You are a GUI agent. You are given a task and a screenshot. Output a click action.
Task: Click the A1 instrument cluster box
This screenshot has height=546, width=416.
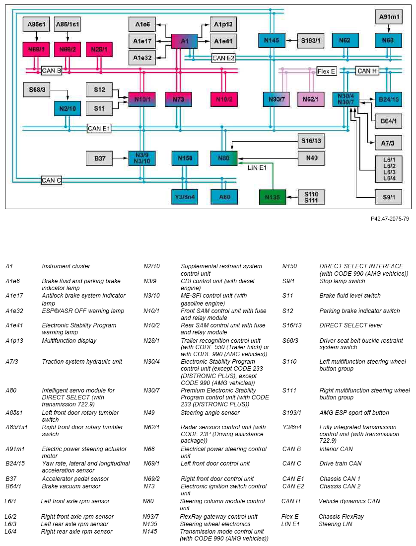(x=184, y=41)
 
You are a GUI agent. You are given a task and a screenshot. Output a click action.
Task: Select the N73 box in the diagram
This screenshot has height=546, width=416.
(x=178, y=99)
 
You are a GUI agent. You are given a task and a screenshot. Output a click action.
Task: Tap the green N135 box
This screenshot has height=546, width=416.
(x=273, y=197)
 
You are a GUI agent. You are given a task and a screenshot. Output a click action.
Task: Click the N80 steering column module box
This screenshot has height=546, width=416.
(x=224, y=158)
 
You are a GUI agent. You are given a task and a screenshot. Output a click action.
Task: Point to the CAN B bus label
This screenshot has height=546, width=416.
(x=52, y=71)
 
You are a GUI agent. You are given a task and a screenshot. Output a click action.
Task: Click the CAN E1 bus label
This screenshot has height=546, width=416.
(x=99, y=129)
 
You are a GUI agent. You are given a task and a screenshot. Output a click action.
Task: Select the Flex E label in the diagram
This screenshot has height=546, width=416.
(x=327, y=72)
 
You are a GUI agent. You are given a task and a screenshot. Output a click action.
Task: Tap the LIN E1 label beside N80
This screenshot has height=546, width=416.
(x=257, y=168)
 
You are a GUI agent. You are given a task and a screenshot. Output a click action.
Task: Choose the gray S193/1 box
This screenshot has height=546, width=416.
(x=311, y=41)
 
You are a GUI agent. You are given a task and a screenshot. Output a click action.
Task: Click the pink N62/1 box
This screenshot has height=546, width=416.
(x=311, y=99)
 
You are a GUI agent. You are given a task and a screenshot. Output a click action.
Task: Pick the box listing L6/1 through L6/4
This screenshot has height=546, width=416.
(x=389, y=169)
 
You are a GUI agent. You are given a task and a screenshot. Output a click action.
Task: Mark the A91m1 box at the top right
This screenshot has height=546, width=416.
(x=389, y=17)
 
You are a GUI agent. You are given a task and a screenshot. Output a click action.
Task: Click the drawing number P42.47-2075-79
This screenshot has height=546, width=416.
(x=390, y=219)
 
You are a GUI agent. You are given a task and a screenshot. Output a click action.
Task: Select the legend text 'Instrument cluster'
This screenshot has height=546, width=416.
(x=66, y=266)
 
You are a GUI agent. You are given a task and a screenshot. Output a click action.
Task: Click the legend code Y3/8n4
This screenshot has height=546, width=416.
(x=292, y=427)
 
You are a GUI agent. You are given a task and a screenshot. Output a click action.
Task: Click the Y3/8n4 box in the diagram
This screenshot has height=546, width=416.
(x=185, y=197)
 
